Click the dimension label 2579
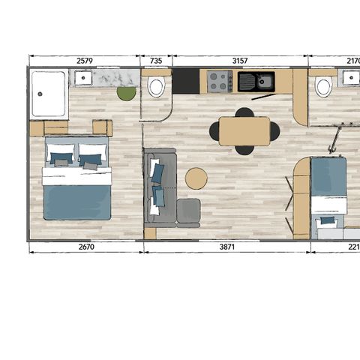point(84,60)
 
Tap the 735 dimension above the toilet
point(156,60)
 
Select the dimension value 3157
point(241,60)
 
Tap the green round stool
point(126,93)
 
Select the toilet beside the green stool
point(156,87)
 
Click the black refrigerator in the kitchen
point(185,81)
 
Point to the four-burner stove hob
point(220,81)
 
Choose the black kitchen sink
point(256,81)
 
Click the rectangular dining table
point(244,131)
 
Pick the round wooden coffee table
point(196,178)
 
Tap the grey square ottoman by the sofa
point(188,211)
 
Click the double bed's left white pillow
point(61,154)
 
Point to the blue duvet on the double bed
point(77,201)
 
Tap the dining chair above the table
point(244,113)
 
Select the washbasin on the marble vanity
point(82,78)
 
